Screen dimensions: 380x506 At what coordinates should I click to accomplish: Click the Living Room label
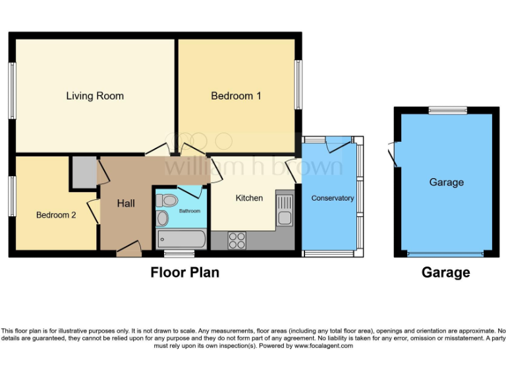95,96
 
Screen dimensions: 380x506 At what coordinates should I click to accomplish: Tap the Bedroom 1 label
236,96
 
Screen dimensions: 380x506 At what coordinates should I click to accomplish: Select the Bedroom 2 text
56,214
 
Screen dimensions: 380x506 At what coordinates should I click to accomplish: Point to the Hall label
126,203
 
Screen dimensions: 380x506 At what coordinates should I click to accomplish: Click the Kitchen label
249,198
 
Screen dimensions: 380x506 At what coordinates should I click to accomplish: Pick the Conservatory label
332,198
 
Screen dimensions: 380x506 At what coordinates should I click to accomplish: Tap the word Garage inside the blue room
446,182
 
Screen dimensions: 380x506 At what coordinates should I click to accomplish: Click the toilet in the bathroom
169,201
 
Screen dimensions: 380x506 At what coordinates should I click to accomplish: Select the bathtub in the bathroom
181,239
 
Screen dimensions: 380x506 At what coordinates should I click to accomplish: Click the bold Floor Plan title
184,272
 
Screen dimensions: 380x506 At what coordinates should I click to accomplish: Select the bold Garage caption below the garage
446,272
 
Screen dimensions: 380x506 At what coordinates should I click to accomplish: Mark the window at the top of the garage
447,110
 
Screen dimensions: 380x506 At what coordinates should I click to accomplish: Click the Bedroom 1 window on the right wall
298,84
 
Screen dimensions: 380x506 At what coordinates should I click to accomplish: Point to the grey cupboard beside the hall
84,173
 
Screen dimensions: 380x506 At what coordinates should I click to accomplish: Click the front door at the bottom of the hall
129,251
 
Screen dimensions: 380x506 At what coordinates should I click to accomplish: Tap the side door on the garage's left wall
393,155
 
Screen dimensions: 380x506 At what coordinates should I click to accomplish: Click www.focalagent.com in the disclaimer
323,346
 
